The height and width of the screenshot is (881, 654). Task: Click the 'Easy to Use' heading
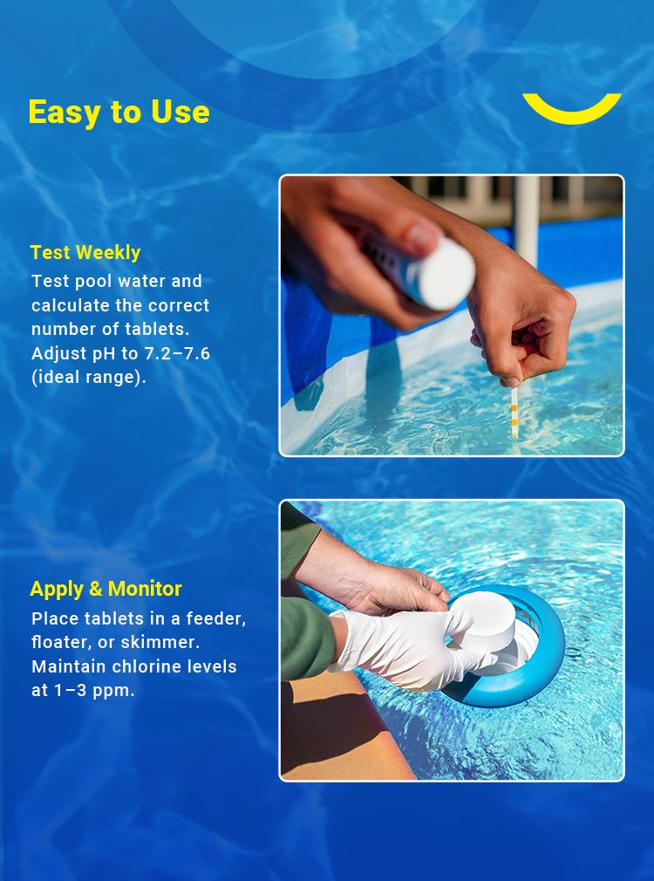pos(119,113)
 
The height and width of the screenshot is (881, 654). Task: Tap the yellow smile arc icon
pos(572,108)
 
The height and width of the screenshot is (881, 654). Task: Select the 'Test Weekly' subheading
pos(85,253)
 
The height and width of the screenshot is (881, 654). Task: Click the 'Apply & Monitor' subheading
pos(106,589)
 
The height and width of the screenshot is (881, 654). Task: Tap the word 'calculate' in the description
pos(67,305)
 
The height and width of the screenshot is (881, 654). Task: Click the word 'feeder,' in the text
pos(214,618)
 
